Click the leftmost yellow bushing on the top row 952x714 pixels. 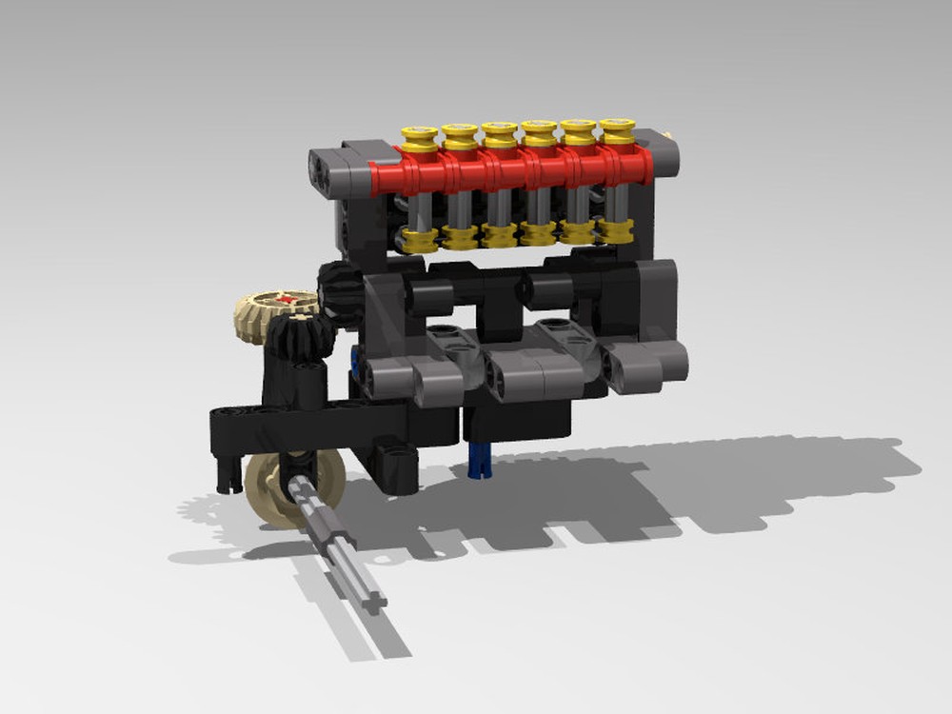pos(419,139)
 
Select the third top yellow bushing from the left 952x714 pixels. pos(499,136)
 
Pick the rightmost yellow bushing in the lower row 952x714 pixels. pos(617,230)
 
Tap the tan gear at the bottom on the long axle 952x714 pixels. pos(282,487)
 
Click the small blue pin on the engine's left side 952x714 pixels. pos(354,360)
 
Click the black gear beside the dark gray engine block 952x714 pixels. pos(338,289)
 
